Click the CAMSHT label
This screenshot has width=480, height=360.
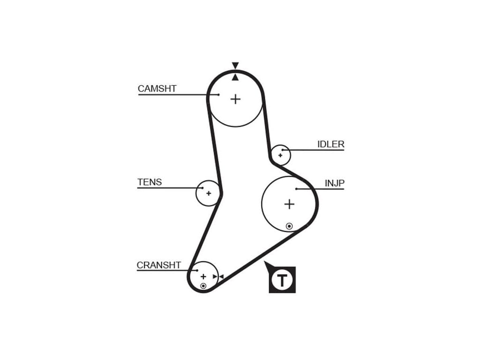(x=157, y=89)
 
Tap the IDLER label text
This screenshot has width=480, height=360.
(x=331, y=144)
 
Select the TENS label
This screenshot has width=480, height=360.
(x=150, y=182)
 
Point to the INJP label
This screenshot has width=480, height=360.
(x=335, y=183)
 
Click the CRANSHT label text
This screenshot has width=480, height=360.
(x=158, y=265)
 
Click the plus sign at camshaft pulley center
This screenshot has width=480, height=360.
(x=235, y=99)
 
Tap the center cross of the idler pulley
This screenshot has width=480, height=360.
(x=280, y=155)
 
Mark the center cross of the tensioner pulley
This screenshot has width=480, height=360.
(x=209, y=193)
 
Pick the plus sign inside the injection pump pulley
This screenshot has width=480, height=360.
(x=289, y=204)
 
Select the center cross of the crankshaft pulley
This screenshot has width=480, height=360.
(x=203, y=277)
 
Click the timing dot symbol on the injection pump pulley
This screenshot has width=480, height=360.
(x=289, y=226)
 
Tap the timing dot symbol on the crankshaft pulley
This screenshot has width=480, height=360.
(x=203, y=285)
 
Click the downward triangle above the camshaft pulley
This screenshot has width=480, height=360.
(x=235, y=66)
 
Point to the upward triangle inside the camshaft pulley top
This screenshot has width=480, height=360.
(x=235, y=77)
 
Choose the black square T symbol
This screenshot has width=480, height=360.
(x=282, y=280)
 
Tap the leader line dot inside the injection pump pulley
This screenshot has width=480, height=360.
(x=296, y=189)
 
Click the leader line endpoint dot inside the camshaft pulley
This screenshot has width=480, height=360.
(x=218, y=95)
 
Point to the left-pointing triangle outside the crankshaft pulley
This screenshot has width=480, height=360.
(x=221, y=277)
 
